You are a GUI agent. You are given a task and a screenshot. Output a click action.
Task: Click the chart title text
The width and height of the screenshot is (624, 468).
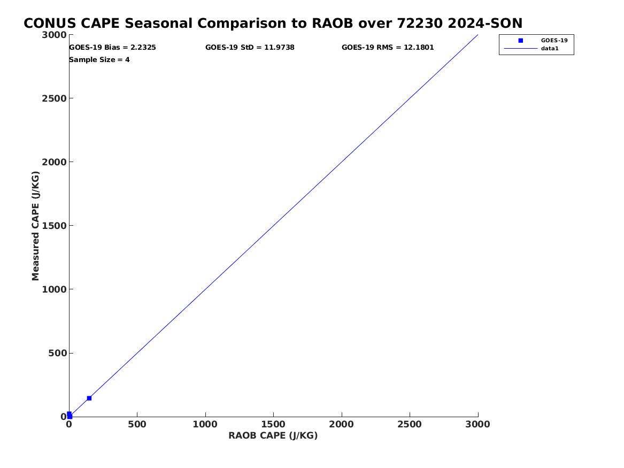coord(273,24)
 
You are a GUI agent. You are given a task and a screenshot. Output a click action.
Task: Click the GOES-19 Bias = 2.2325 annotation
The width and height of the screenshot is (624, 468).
coord(113,48)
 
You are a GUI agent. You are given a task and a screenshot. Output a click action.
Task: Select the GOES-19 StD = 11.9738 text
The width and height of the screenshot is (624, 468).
coord(250,48)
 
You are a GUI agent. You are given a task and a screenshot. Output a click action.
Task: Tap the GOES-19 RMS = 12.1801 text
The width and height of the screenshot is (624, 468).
coord(388,48)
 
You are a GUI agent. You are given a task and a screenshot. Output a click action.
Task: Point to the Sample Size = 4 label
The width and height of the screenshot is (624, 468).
coord(99,60)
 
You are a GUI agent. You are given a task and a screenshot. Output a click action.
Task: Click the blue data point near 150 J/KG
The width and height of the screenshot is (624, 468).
coord(89,398)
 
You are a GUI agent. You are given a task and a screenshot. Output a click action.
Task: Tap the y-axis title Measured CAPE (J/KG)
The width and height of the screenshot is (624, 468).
coord(35,226)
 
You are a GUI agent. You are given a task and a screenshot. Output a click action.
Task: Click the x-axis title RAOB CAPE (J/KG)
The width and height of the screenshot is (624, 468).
coord(273,435)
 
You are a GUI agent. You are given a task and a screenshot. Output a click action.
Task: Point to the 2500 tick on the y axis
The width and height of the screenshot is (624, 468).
coord(54,98)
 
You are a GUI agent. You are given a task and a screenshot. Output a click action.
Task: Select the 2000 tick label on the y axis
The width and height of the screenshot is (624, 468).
coord(54,162)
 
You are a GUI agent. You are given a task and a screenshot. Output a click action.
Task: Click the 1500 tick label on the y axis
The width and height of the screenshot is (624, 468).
coord(54,226)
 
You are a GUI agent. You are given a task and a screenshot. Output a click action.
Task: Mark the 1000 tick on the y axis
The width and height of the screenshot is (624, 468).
coord(54,289)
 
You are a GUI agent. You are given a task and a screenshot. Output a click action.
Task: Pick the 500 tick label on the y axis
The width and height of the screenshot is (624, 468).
coord(57,353)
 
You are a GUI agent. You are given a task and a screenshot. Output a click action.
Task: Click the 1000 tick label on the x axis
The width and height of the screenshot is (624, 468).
coord(205,424)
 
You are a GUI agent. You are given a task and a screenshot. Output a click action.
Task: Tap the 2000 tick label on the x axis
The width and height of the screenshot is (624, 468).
coord(342,424)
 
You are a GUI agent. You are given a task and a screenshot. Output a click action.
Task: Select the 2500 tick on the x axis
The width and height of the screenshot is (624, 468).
coord(410,424)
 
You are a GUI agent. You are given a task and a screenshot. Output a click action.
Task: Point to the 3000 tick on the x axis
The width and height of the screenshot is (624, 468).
coord(478,424)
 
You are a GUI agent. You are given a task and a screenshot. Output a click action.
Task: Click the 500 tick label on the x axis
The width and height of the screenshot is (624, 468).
coord(137,424)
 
